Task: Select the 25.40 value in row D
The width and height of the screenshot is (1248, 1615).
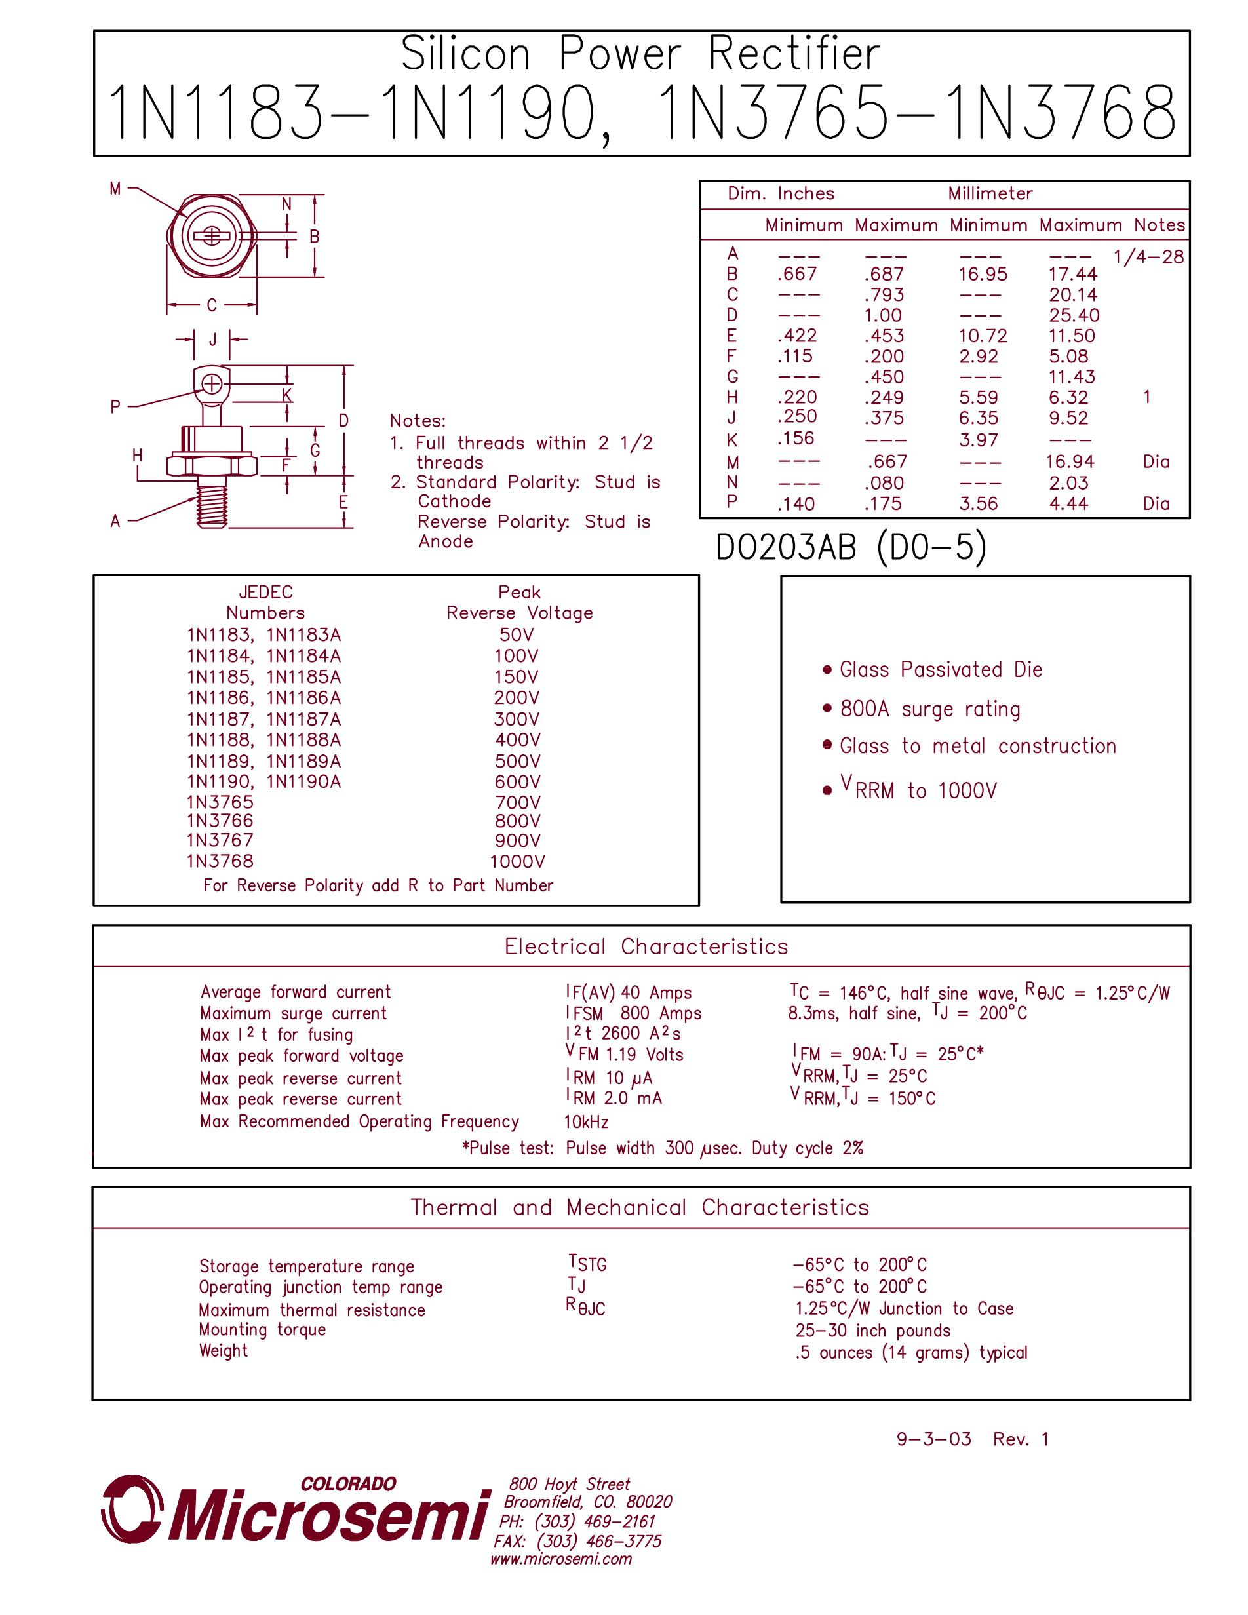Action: [1074, 315]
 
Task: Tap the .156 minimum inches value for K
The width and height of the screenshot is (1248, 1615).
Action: [796, 438]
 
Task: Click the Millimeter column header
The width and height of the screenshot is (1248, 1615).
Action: [990, 194]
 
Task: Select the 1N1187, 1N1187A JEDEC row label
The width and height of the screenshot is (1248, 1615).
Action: [264, 719]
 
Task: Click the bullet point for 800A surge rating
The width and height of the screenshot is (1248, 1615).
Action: [827, 709]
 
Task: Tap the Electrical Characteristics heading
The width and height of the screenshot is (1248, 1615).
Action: [646, 946]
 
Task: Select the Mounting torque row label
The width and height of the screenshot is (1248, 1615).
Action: [262, 1330]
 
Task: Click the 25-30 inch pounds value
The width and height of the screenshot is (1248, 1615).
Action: [872, 1331]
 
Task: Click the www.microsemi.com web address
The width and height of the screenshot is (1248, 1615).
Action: [561, 1558]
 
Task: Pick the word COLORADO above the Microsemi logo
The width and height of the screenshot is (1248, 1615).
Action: [348, 1483]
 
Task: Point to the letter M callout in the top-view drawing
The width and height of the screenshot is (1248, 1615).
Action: [115, 189]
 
